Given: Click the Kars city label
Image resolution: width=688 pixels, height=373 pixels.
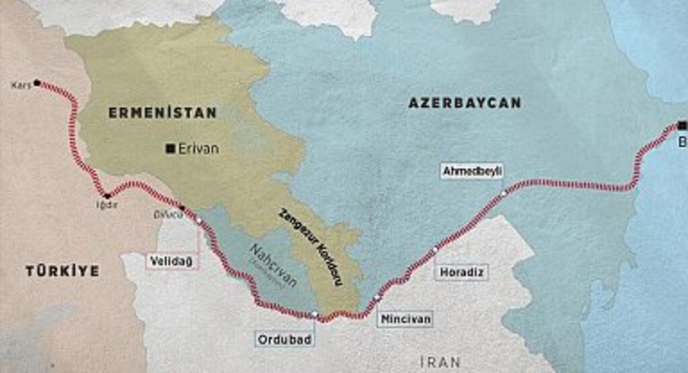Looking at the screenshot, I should pyautogui.click(x=21, y=85).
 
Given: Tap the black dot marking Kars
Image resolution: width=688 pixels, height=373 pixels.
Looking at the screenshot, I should pyautogui.click(x=37, y=83).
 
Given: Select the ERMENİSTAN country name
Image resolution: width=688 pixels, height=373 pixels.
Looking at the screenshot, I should pyautogui.click(x=163, y=113).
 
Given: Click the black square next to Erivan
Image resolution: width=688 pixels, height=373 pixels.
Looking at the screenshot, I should pyautogui.click(x=171, y=149).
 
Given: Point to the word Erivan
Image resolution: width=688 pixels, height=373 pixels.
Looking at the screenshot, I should pyautogui.click(x=198, y=149).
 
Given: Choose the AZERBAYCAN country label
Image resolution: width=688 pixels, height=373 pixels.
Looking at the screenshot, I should pyautogui.click(x=464, y=103).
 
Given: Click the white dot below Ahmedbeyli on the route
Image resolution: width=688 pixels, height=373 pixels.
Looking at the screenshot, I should pyautogui.click(x=504, y=194).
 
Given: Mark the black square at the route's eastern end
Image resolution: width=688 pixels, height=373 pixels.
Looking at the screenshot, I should pyautogui.click(x=682, y=125).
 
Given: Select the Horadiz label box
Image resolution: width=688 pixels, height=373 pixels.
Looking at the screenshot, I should pyautogui.click(x=462, y=272).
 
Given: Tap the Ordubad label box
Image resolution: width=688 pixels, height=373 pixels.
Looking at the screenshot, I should pyautogui.click(x=285, y=339).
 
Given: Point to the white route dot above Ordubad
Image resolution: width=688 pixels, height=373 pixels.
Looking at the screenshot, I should pyautogui.click(x=314, y=314).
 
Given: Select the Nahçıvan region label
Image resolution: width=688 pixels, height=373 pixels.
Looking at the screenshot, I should pyautogui.click(x=273, y=265).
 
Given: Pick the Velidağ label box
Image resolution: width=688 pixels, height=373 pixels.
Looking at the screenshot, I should pyautogui.click(x=173, y=261).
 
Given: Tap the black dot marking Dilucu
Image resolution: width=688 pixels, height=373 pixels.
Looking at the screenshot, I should pyautogui.click(x=182, y=208).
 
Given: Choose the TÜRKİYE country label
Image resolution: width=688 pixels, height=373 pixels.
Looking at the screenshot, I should pyautogui.click(x=62, y=271).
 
